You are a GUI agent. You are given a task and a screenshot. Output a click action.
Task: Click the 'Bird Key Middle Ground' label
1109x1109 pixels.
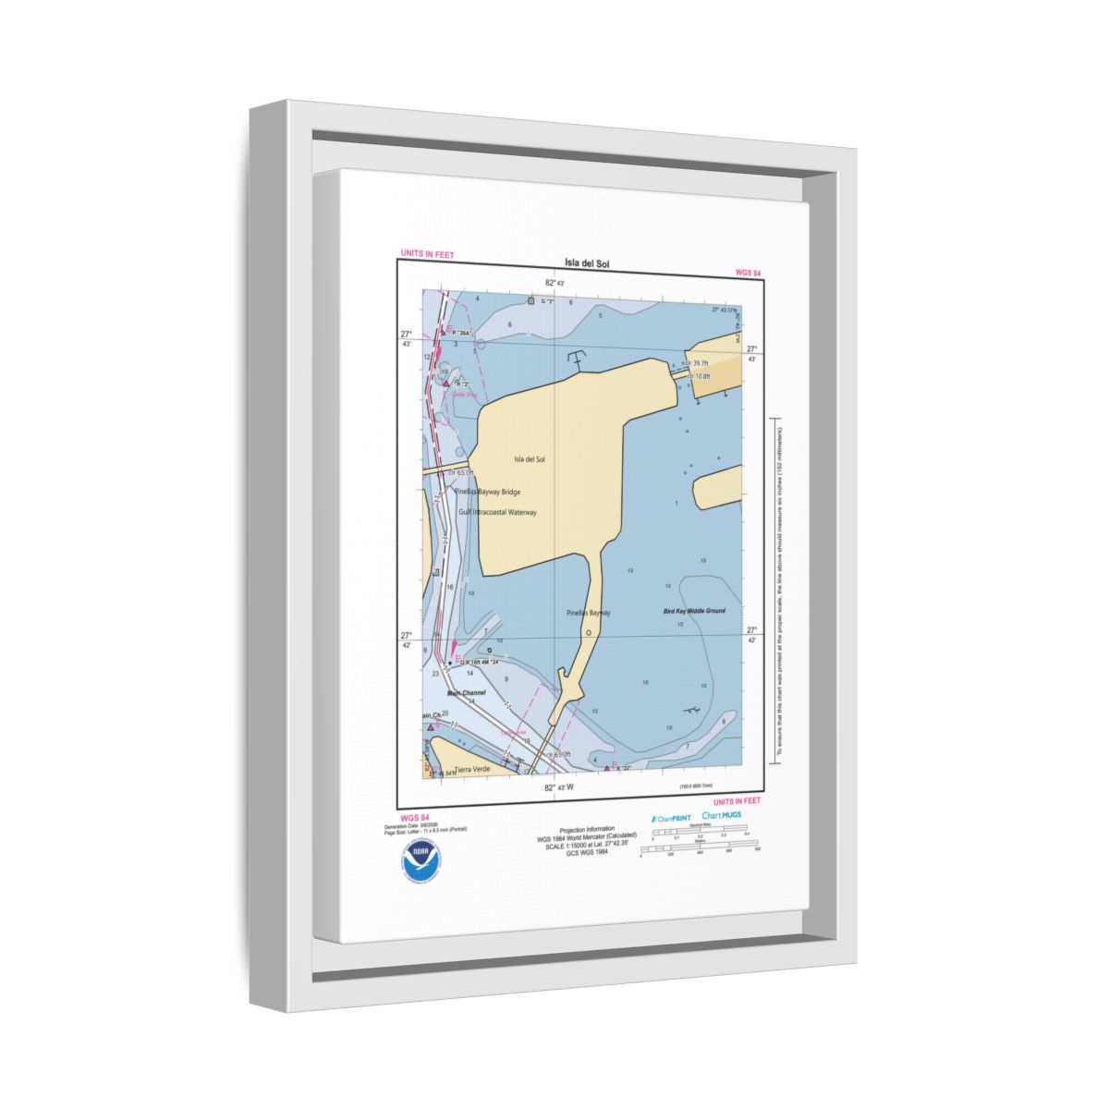tap(694, 612)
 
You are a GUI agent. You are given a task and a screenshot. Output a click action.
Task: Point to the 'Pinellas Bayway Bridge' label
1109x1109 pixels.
tap(494, 492)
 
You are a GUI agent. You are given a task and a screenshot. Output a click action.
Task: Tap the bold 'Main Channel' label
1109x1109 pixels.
tap(467, 692)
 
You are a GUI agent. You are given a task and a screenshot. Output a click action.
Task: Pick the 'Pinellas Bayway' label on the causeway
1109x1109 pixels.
tap(589, 613)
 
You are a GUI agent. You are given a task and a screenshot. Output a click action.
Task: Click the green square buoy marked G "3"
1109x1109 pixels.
tap(530, 300)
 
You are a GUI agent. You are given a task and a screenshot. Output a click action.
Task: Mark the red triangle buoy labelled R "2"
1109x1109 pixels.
tap(445, 382)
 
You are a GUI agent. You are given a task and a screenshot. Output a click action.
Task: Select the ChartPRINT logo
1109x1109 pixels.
tap(672, 818)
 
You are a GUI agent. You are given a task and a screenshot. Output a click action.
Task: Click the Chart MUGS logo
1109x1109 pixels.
tap(721, 815)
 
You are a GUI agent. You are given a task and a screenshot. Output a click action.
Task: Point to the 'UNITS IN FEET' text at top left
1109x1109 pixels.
tap(427, 254)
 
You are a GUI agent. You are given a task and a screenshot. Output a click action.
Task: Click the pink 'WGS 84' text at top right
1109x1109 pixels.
tap(748, 273)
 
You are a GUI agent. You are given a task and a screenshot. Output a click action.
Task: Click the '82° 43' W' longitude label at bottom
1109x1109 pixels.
tap(559, 787)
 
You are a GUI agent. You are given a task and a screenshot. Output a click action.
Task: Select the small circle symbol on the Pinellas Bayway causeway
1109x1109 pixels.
tap(588, 632)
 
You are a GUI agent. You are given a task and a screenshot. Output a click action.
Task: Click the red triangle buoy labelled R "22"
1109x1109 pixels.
tap(606, 767)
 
